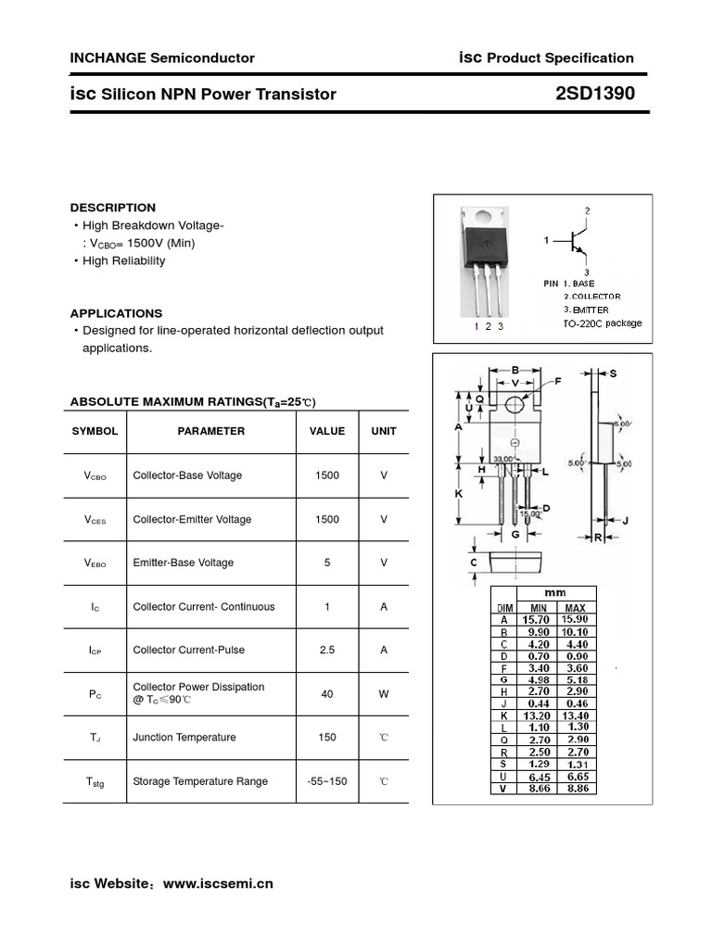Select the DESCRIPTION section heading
pos(113,208)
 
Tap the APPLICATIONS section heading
pos(116,313)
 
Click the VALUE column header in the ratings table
pos(326,431)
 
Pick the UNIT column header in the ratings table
pos(384,431)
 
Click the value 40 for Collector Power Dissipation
pos(326,693)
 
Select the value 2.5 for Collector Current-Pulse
pos(326,650)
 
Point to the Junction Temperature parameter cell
pos(184,738)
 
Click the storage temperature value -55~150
pos(326,781)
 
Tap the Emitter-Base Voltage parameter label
pos(184,563)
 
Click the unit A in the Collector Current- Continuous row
pos(384,607)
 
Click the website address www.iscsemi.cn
pos(218,884)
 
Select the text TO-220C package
pos(602,323)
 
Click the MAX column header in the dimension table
pos(575,607)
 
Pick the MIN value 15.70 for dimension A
pos(536,619)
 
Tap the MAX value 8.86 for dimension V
pos(575,789)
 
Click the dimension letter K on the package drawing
pos(458,494)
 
